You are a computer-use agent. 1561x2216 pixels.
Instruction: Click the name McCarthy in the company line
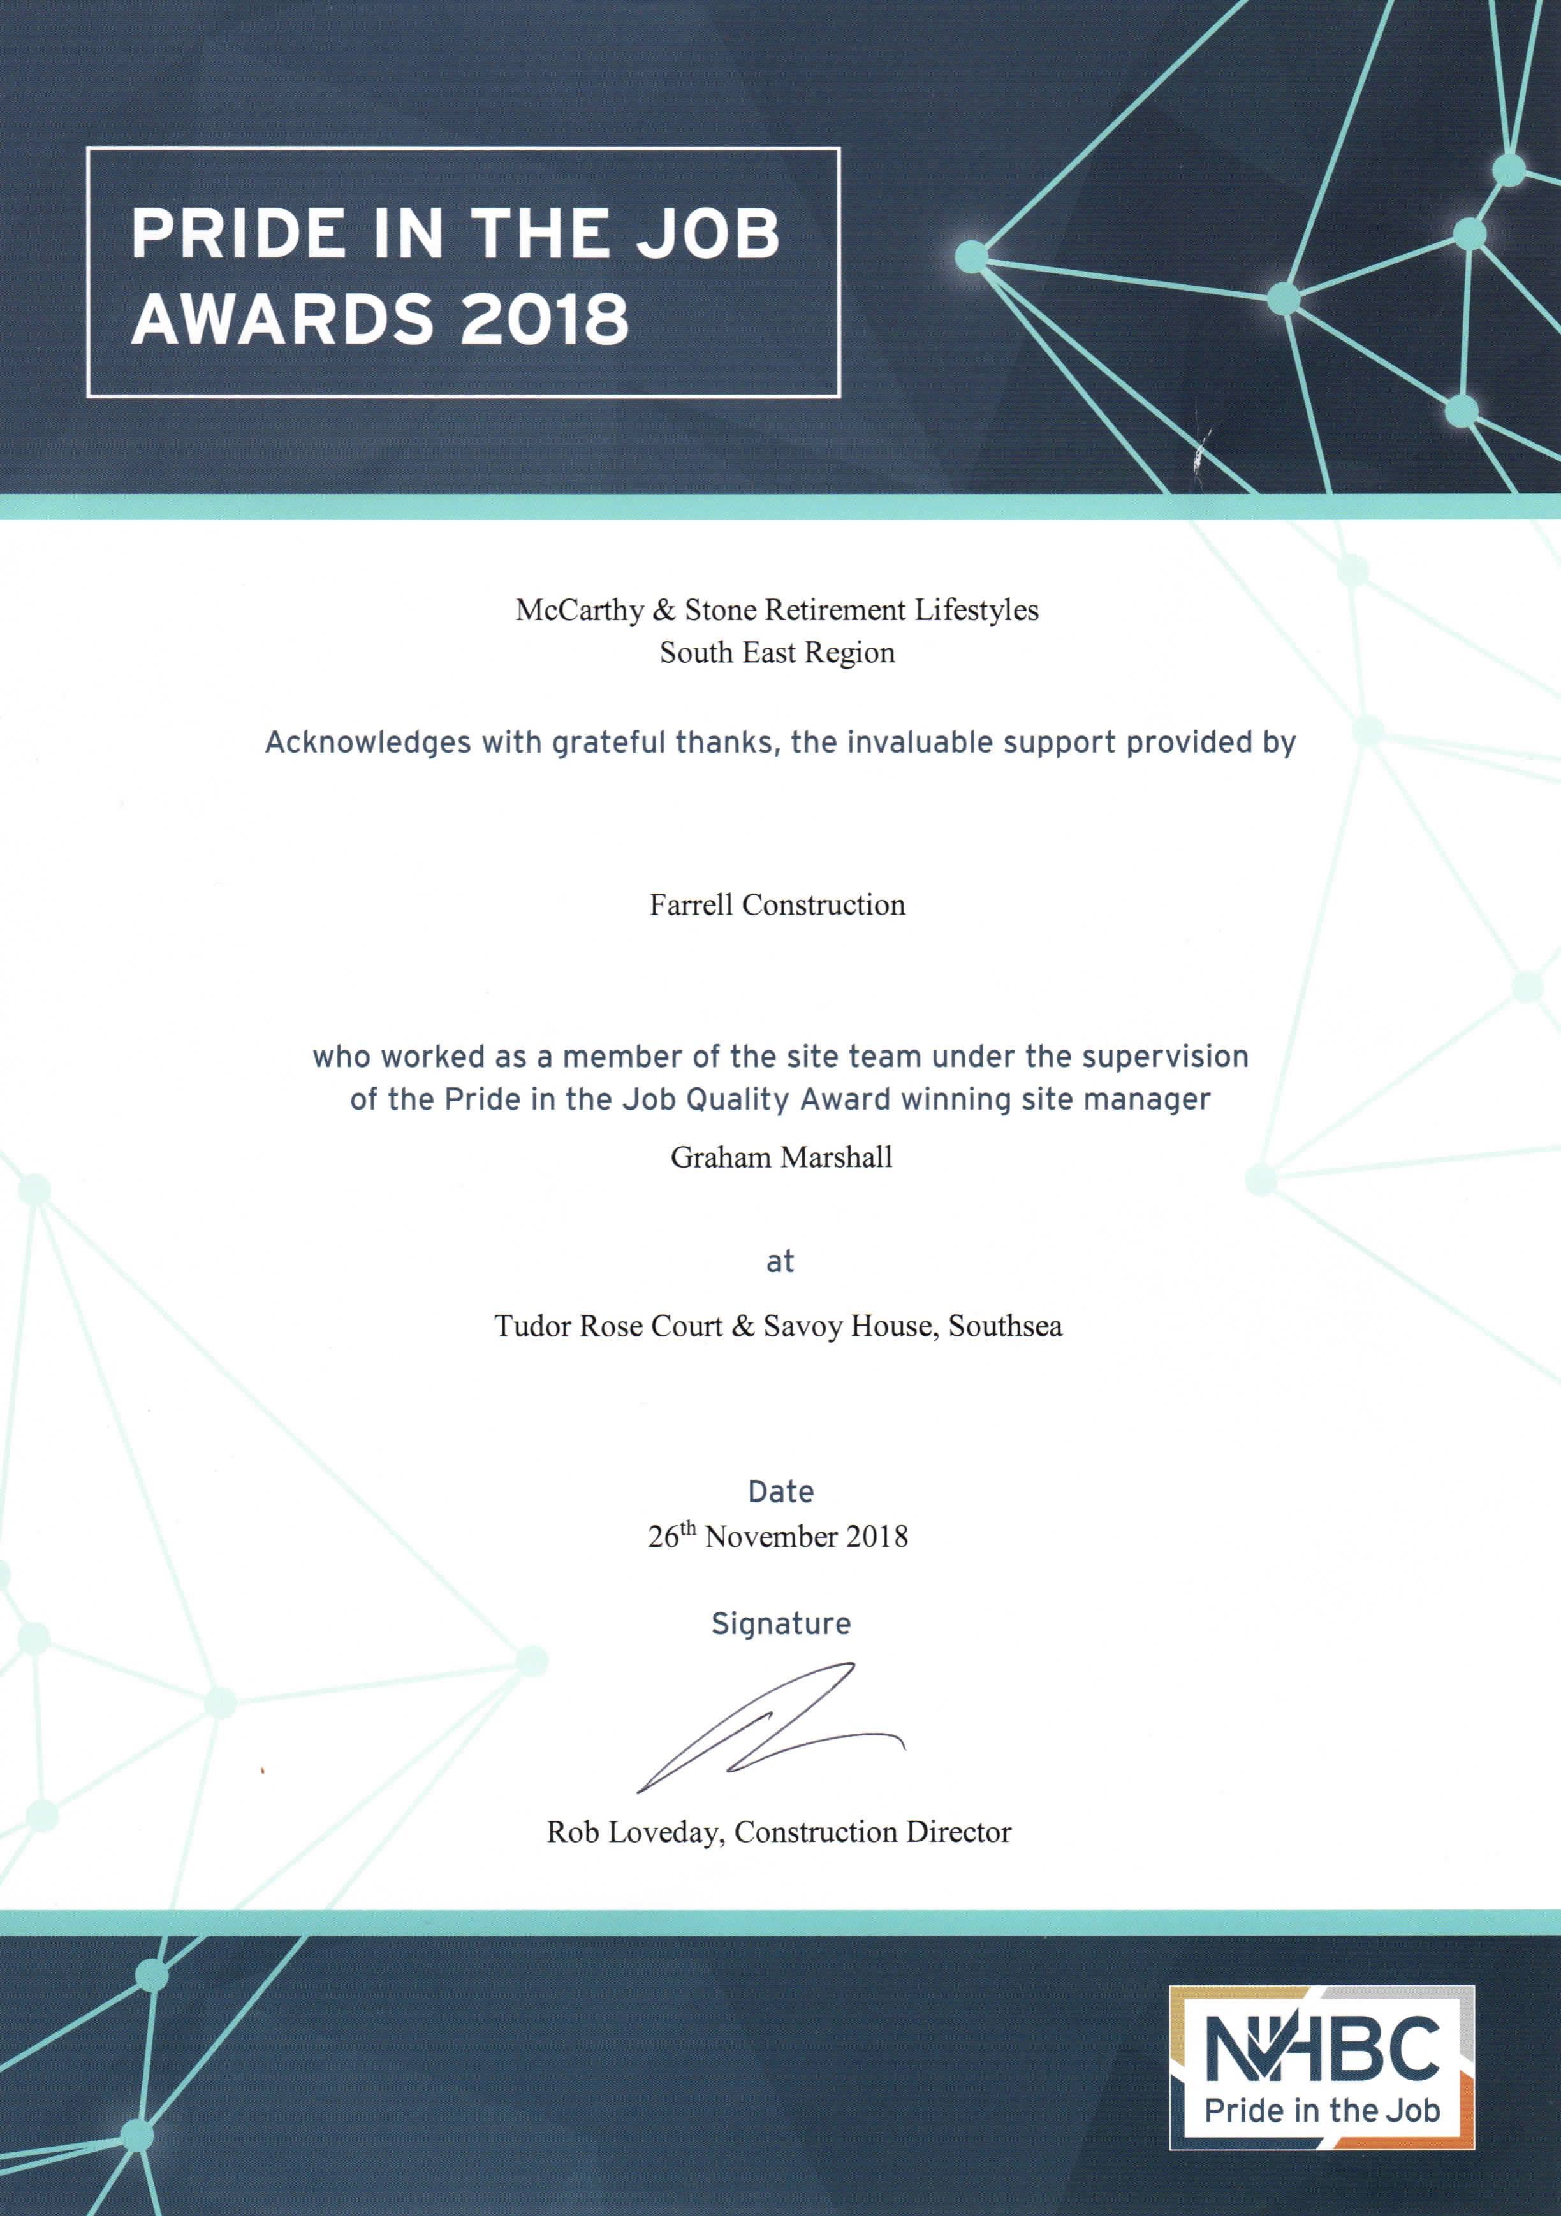pyautogui.click(x=579, y=610)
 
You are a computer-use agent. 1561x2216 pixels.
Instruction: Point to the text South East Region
pyautogui.click(x=777, y=653)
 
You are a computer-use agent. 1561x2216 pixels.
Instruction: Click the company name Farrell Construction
pyautogui.click(x=777, y=904)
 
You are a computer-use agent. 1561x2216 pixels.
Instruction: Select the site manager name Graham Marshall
pyautogui.click(x=781, y=1157)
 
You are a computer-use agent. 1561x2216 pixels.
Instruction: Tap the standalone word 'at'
pyautogui.click(x=780, y=1261)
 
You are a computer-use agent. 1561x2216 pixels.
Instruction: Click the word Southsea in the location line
pyautogui.click(x=1005, y=1326)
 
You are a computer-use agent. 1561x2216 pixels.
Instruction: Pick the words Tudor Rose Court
pyautogui.click(x=608, y=1326)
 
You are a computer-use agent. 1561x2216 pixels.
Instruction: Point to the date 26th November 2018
pyautogui.click(x=778, y=1537)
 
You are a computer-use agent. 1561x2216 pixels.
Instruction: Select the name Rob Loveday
pyautogui.click(x=633, y=1832)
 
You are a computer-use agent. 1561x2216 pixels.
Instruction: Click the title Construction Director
pyautogui.click(x=873, y=1832)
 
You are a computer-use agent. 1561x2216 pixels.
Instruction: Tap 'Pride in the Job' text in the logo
pyautogui.click(x=1322, y=2111)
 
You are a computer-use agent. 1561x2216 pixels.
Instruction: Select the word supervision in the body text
pyautogui.click(x=1165, y=1057)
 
